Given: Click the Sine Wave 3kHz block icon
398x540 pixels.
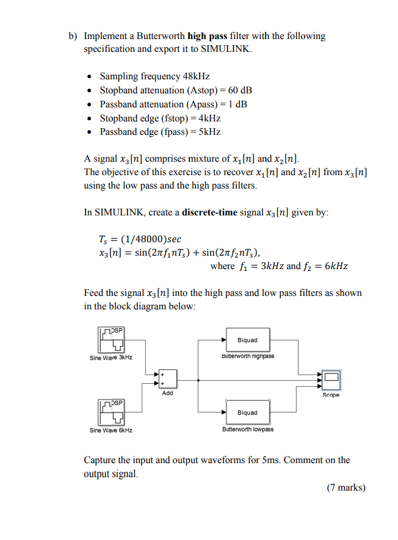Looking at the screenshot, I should (x=110, y=339).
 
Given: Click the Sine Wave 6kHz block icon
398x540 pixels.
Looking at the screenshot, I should (x=110, y=412).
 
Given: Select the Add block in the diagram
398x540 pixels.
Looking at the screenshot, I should (x=167, y=378).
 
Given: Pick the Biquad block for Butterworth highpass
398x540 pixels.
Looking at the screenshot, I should (x=247, y=340).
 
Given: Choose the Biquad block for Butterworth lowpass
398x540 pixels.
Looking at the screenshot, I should (x=247, y=412).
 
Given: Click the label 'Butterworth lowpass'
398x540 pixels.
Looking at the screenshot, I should (x=248, y=429).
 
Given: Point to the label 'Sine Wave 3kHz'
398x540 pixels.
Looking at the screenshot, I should (x=111, y=357).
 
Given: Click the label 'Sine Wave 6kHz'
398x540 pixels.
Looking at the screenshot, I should (x=111, y=430).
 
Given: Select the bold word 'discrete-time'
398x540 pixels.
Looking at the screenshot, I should (x=211, y=212).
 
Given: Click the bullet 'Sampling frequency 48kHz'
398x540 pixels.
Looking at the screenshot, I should (x=154, y=76).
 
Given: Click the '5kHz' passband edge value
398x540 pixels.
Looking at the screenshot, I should (x=208, y=132).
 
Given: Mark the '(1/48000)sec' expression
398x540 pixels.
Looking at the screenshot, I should (x=151, y=239).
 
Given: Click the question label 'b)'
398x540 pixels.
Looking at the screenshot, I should (x=73, y=36).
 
